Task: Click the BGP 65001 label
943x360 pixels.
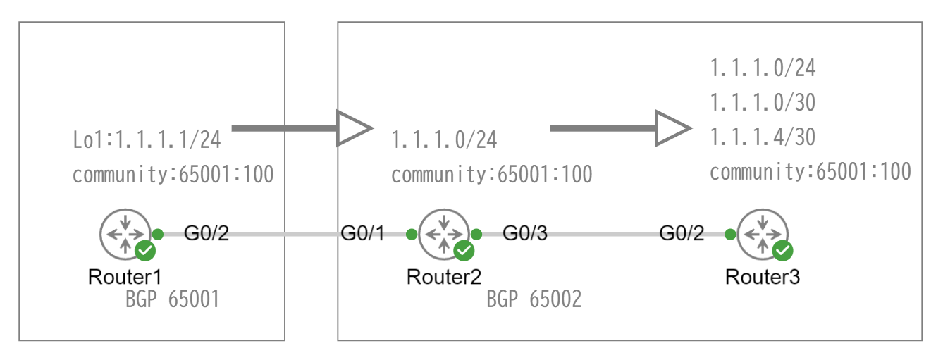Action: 173,299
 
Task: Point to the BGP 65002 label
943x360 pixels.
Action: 534,299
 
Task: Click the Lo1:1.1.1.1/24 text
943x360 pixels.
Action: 147,140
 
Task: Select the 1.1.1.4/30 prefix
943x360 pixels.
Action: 763,137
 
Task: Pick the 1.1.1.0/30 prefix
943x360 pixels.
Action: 763,104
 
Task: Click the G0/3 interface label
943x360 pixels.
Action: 525,234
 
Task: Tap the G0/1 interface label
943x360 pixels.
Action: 363,234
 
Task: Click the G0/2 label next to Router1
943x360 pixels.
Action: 207,234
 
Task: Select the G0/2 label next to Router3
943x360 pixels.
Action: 682,234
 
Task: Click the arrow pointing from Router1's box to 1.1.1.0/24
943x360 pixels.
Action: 301,128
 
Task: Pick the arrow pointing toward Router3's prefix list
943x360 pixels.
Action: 620,128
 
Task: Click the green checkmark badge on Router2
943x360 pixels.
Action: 464,250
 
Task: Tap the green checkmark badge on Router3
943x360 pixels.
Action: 783,250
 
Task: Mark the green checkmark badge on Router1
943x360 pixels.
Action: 145,250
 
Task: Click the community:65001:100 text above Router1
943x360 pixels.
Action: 173,174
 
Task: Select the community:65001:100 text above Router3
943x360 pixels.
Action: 810,171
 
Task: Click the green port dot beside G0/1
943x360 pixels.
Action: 412,234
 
